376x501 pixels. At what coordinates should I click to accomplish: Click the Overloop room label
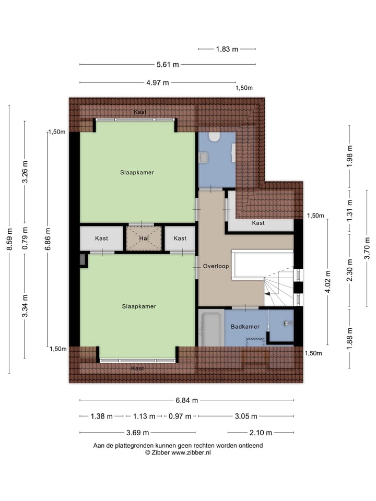tap(216, 266)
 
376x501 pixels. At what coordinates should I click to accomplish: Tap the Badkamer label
tap(245, 327)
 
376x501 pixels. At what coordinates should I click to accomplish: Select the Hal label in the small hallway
tap(144, 238)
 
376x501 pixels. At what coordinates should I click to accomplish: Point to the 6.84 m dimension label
tap(186, 400)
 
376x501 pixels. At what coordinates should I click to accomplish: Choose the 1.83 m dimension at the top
tap(227, 49)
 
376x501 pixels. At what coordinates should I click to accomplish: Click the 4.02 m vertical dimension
tap(327, 282)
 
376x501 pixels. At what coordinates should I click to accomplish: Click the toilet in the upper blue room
tap(214, 137)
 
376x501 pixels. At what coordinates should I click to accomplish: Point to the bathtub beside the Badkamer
tap(210, 328)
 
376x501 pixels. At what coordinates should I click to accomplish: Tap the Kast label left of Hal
tap(101, 238)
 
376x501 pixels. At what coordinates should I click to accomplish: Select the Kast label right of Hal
tap(180, 238)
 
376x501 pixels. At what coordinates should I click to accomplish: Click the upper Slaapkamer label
tap(137, 173)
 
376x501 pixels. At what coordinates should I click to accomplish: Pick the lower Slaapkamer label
tap(139, 306)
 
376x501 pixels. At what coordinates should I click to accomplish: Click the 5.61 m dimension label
tap(168, 65)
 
